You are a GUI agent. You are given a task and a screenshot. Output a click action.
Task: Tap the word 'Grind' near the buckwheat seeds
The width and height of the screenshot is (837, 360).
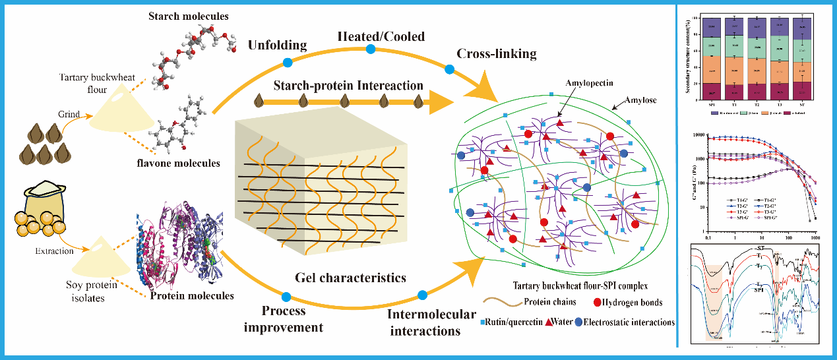[69, 114]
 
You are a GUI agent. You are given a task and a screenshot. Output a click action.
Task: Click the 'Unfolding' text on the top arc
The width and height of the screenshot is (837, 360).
[278, 45]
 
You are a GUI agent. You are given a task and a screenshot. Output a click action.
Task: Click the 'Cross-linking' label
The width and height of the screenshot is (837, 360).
[499, 53]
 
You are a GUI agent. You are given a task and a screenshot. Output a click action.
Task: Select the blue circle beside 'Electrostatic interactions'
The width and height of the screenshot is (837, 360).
[578, 322]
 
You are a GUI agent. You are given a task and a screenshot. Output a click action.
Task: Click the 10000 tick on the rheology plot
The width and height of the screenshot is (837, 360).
[700, 135]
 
